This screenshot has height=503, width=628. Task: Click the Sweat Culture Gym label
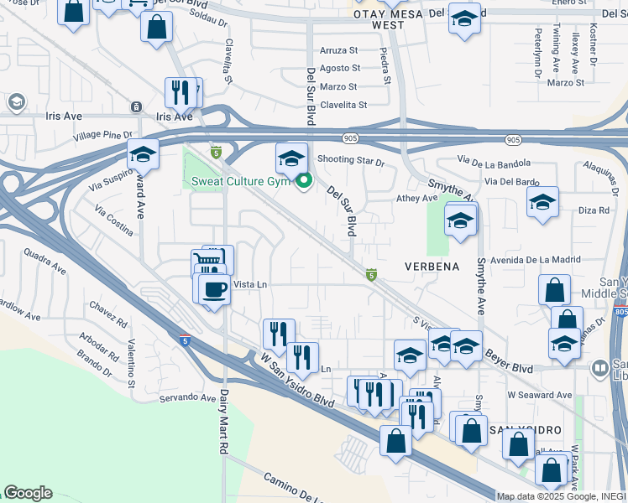240,181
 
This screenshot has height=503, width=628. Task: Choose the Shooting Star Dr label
351,161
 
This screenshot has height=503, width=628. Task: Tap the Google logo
28,493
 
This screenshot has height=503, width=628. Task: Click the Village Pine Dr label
102,135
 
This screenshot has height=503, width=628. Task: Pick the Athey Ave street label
417,199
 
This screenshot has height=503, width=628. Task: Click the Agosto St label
340,68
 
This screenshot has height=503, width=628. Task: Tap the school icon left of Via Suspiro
144,156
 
